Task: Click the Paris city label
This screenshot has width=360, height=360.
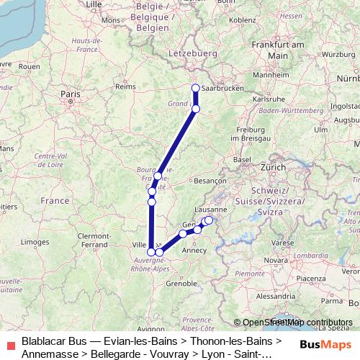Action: point(70,94)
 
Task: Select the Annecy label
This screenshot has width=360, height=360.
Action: point(196,251)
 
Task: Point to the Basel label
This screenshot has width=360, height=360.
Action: point(242,159)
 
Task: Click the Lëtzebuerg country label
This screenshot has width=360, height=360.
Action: point(192,53)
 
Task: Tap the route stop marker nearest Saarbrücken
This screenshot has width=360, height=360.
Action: point(195,89)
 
